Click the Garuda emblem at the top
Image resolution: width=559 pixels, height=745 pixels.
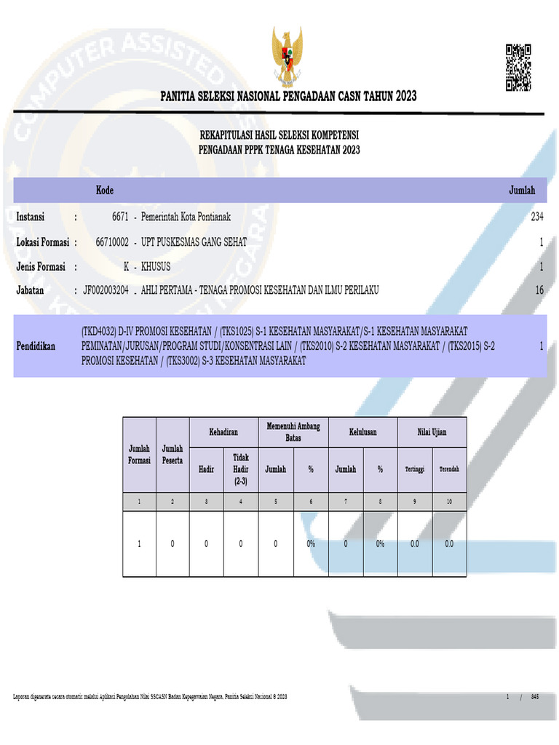[290, 57]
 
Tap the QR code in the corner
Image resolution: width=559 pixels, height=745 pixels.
[518, 68]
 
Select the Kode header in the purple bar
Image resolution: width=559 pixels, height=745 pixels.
[105, 191]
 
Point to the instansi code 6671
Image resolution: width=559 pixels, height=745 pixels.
[120, 217]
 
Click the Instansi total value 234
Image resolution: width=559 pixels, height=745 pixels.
[537, 217]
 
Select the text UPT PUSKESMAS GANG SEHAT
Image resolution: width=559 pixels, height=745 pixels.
[194, 242]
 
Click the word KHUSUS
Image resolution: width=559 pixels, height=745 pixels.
[156, 266]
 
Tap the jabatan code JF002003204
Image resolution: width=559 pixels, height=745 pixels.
[106, 290]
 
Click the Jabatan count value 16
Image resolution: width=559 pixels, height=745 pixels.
[539, 290]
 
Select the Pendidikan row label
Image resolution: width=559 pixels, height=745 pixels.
[36, 346]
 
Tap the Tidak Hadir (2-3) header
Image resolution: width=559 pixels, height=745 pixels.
[241, 469]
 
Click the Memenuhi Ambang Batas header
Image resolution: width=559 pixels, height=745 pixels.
[293, 432]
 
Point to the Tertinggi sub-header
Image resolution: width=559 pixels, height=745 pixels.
[414, 469]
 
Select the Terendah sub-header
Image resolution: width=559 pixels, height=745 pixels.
[449, 469]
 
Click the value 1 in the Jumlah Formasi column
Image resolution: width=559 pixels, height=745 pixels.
[139, 543]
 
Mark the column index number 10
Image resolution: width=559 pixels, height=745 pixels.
[449, 502]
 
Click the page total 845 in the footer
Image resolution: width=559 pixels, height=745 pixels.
[536, 698]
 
